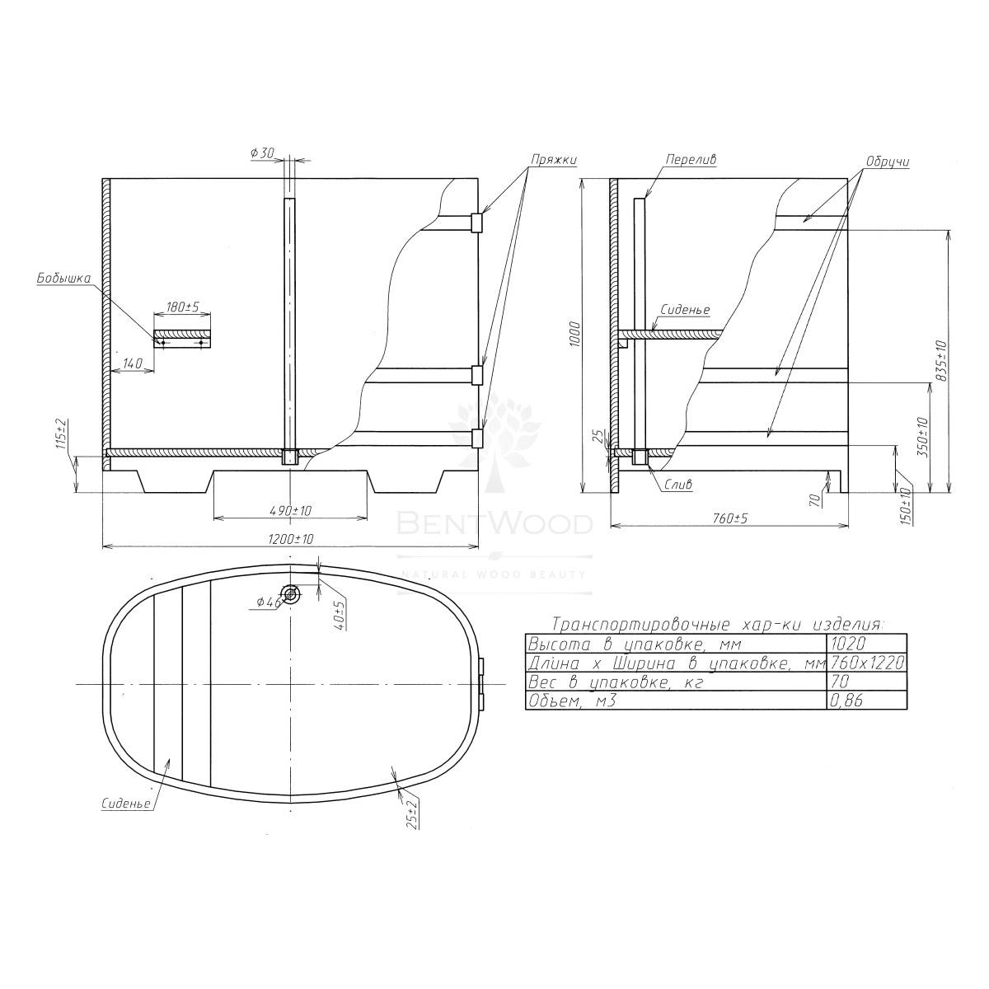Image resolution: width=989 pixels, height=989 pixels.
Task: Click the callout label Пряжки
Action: (x=554, y=160)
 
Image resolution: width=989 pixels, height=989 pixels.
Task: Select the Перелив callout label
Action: (x=691, y=160)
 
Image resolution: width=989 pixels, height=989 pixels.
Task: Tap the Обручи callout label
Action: (x=888, y=162)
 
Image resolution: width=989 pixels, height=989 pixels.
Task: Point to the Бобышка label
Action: (x=63, y=279)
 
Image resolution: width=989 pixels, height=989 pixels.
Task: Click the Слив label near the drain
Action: (x=678, y=484)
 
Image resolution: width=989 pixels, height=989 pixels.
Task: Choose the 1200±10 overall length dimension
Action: (x=290, y=539)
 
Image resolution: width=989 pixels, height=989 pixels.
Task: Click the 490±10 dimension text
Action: (x=290, y=511)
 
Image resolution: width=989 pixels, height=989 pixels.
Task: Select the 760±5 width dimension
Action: (x=730, y=518)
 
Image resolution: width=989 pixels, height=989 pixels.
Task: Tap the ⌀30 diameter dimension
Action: (x=263, y=152)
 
